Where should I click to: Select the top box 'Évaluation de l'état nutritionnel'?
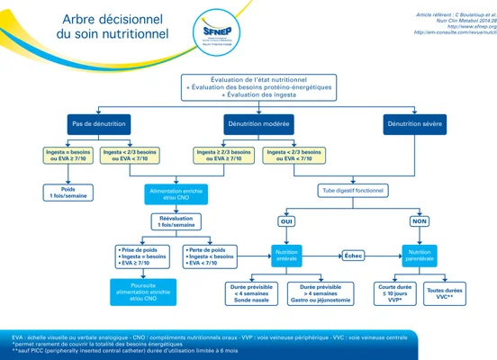point(251,86)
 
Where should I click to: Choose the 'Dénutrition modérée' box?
point(251,123)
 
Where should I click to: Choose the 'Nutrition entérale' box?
point(287,256)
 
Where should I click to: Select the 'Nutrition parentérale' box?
point(419,256)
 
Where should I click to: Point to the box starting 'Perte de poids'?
point(212,256)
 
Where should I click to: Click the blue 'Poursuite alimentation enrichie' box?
point(142,289)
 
